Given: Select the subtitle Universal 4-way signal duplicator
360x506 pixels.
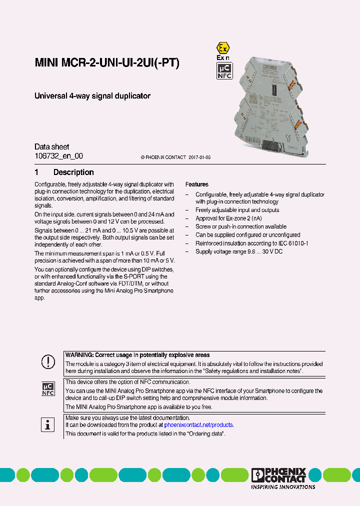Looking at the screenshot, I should pos(92,96).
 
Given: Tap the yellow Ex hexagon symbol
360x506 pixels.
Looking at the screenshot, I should pos(222,48).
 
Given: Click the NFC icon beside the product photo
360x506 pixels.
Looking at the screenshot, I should pos(224,71).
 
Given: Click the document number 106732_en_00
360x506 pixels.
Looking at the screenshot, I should pos(58,156).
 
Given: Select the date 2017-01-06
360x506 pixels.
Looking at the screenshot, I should pos(199,157).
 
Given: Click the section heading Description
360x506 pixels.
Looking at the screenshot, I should pos(73,172).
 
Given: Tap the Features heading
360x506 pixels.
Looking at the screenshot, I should pos(197,184).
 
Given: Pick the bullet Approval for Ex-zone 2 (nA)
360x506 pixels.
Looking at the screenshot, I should pos(228,218).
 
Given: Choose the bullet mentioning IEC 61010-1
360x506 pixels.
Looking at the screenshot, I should pos(251,243).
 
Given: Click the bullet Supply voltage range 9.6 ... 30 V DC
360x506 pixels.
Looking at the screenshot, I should pos(239,251).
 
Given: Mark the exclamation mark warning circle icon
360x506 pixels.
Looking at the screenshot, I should pos(47,361).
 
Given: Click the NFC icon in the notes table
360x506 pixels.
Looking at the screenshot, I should pos(47,389).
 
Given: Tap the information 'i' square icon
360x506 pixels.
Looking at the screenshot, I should pos(47,425).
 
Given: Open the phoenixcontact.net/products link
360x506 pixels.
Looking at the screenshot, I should pos(198,425).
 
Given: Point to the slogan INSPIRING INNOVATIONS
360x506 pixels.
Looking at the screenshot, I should pos(283,486).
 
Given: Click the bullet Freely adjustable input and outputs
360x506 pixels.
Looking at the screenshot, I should pos(237,210).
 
